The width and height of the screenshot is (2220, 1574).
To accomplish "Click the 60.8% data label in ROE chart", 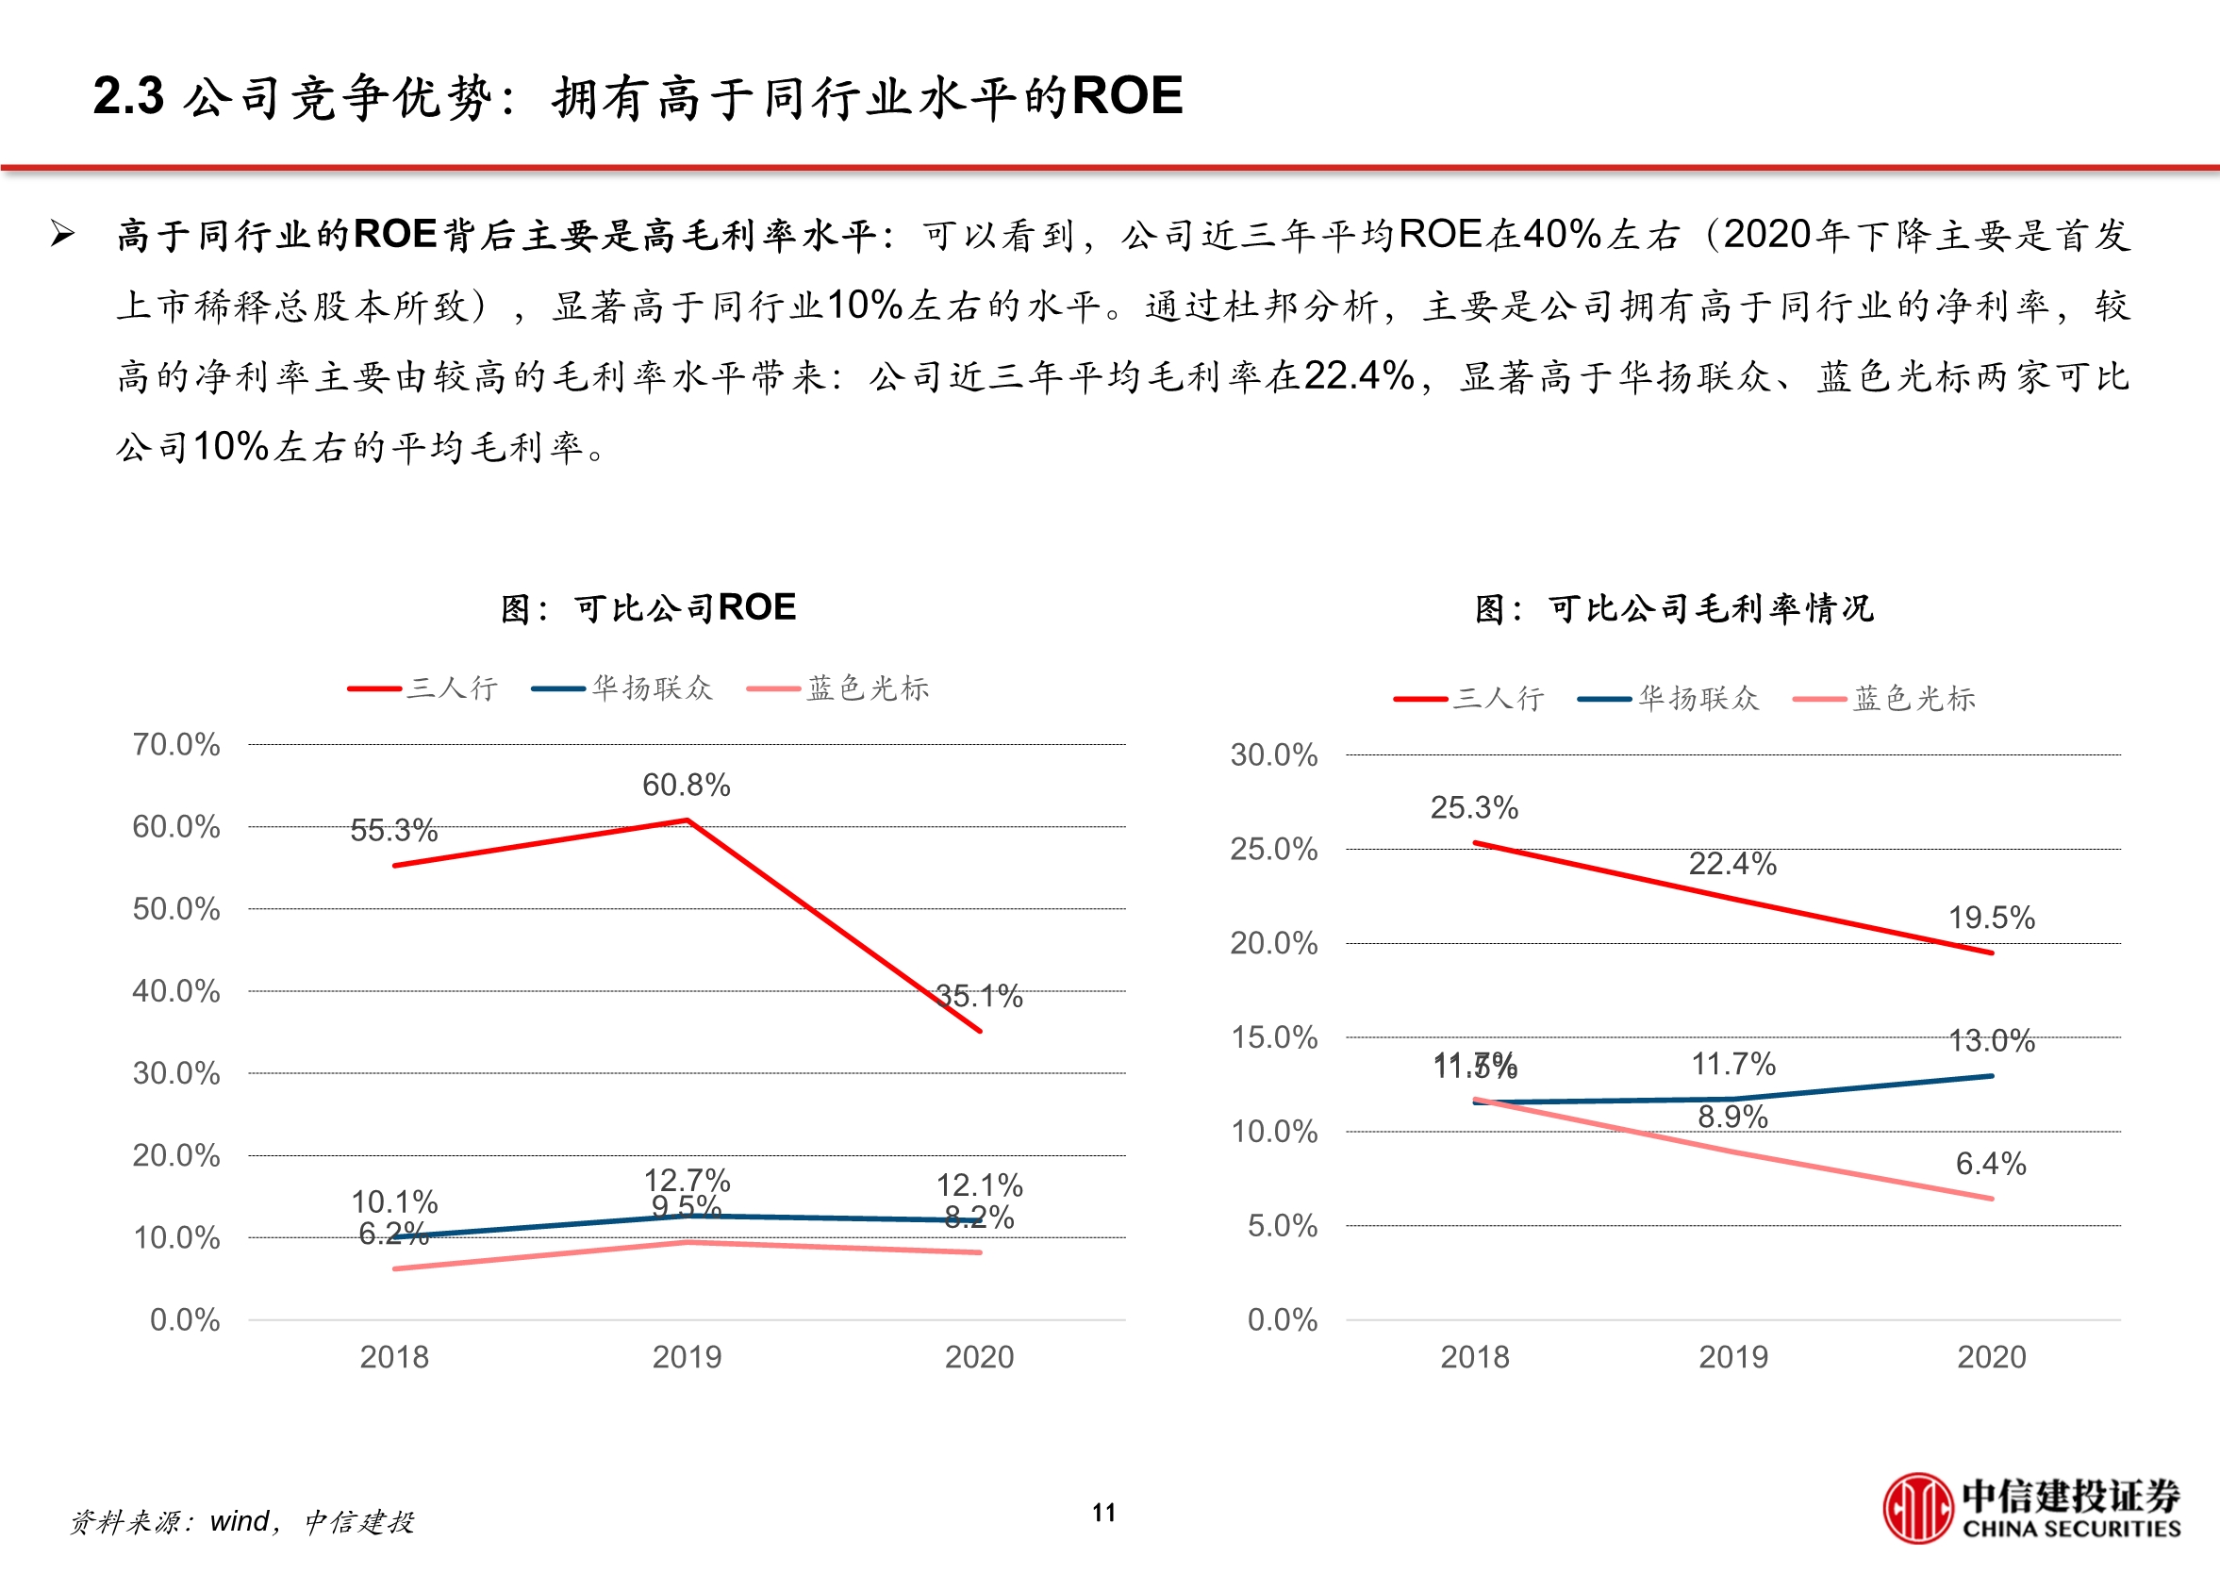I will [x=686, y=785].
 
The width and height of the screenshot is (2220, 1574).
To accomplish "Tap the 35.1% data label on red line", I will [x=979, y=996].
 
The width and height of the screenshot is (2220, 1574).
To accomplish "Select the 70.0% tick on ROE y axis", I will [x=176, y=744].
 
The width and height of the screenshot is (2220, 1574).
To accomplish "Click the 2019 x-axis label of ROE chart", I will [x=686, y=1357].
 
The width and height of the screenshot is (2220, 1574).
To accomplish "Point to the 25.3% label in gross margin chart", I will [x=1474, y=807].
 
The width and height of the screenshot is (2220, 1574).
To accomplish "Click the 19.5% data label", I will [x=1992, y=918].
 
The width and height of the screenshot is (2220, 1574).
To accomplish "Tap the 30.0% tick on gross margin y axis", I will [x=1273, y=755].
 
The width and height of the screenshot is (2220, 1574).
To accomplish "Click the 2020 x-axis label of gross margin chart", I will [x=1992, y=1357].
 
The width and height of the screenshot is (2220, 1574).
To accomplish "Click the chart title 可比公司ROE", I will [x=648, y=607].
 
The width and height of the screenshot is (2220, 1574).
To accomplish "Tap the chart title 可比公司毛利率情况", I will [x=1673, y=608].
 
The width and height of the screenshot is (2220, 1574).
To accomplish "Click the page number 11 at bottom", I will [x=1103, y=1513].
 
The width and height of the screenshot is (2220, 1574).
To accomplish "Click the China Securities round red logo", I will [x=1916, y=1508].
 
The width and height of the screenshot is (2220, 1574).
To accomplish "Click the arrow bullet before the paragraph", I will [x=63, y=234].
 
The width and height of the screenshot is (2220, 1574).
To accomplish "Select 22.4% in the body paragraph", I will [x=1359, y=376].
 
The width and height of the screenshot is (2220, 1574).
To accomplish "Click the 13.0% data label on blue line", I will [x=1992, y=1041].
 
